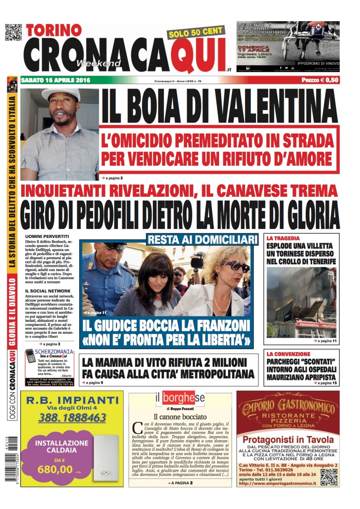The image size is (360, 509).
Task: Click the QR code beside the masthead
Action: [13, 33]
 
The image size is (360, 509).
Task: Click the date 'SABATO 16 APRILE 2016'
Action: [56, 80]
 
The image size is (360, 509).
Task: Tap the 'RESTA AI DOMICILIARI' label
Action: [202, 240]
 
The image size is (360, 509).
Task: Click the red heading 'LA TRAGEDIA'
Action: [283, 238]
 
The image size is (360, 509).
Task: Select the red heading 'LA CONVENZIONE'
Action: [288, 354]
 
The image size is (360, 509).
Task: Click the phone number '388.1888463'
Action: [72, 418]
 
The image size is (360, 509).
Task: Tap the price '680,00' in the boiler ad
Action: [55, 469]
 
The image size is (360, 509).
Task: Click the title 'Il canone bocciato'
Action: [180, 417]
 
